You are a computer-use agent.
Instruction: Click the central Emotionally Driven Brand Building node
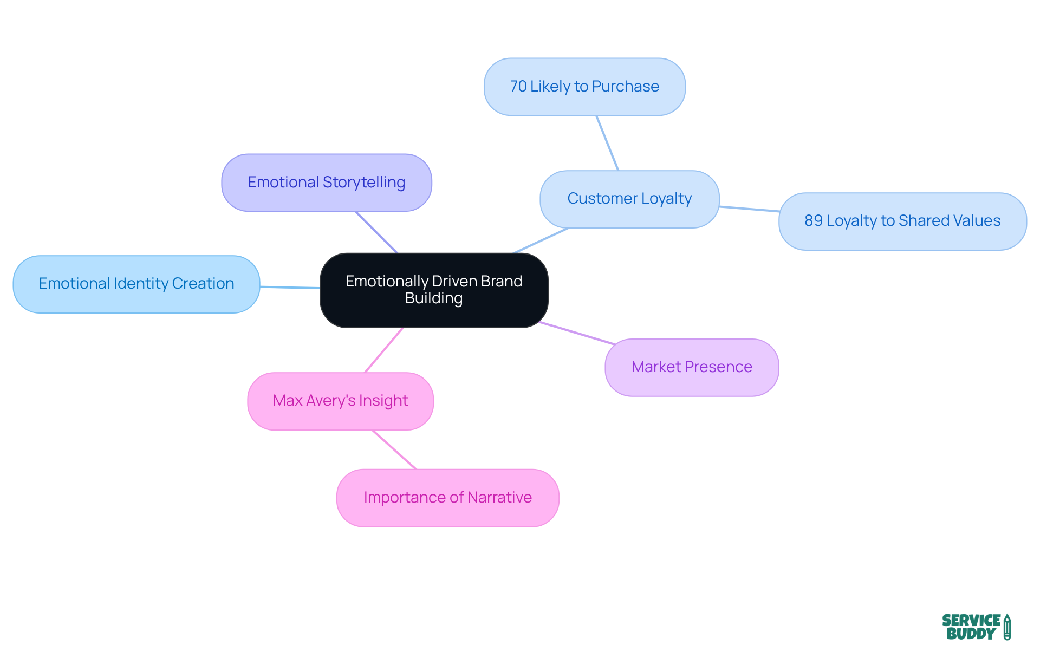434,290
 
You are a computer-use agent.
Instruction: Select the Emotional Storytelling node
327,183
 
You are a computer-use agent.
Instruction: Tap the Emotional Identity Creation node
136,284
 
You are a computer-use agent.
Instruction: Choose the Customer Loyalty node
629,199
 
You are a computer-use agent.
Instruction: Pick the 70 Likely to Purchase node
584,87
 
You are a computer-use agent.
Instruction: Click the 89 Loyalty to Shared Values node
902,221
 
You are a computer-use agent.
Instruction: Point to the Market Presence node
692,367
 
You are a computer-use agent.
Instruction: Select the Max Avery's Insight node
340,401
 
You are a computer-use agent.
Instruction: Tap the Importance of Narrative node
447,498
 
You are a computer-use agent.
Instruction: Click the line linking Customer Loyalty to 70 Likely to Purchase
607,143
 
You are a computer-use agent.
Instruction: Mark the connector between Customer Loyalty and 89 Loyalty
749,209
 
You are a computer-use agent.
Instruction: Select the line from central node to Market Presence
577,333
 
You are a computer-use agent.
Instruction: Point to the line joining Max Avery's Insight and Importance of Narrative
394,449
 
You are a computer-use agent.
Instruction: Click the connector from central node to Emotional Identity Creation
290,287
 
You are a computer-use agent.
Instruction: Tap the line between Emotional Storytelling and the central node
376,232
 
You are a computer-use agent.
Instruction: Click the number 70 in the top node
518,87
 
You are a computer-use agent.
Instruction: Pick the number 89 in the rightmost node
814,221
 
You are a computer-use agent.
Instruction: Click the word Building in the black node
434,298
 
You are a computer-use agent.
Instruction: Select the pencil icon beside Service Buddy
1007,627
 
